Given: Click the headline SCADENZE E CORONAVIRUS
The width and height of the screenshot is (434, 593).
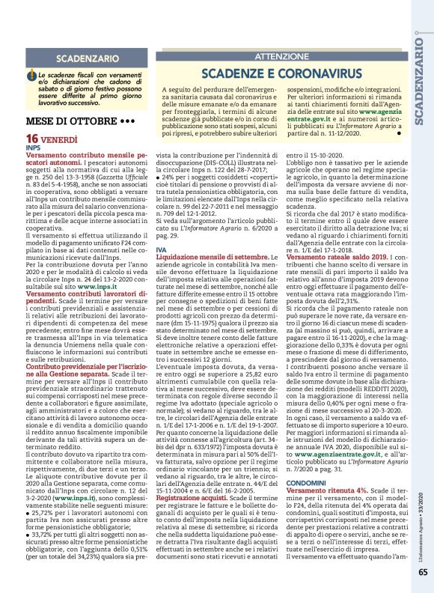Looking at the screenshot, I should pyautogui.click(x=281, y=73).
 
